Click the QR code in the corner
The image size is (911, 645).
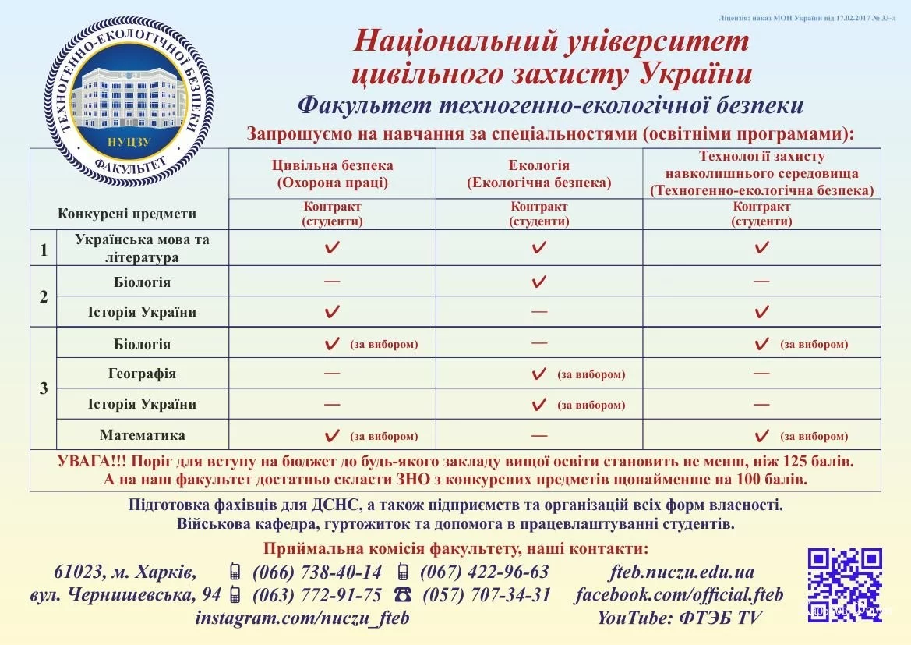click(845, 585)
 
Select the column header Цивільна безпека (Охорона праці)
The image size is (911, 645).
click(332, 174)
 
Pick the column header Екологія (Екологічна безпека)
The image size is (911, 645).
click(538, 174)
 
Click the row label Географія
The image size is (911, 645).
click(142, 374)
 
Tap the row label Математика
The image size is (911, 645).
click(142, 435)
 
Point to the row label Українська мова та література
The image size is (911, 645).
click(142, 248)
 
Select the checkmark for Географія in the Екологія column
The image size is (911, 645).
click(538, 374)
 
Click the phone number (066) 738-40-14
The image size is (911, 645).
click(317, 572)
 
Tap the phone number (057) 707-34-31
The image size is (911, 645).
click(487, 595)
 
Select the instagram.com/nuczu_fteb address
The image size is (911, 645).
click(302, 618)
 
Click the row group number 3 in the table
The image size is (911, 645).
click(44, 388)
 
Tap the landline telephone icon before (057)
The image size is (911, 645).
click(403, 594)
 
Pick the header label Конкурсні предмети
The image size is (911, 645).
click(127, 214)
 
